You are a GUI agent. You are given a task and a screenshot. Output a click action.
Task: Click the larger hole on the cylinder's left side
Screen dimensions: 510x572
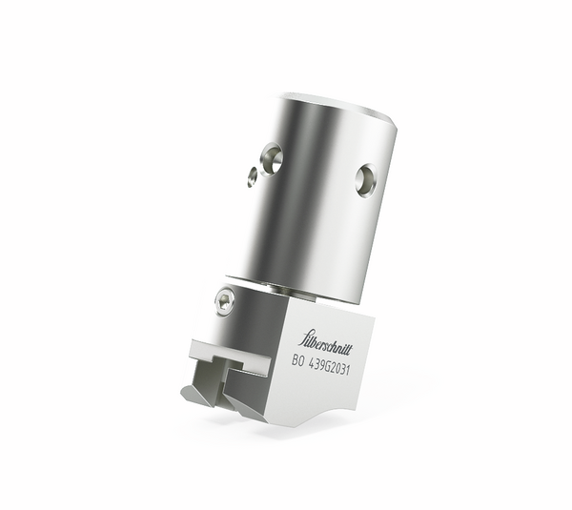coord(272,158)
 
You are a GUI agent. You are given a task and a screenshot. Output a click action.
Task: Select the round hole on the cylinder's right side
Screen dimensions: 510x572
coord(366,178)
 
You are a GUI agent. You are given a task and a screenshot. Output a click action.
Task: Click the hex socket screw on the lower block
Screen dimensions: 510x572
coord(224,301)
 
